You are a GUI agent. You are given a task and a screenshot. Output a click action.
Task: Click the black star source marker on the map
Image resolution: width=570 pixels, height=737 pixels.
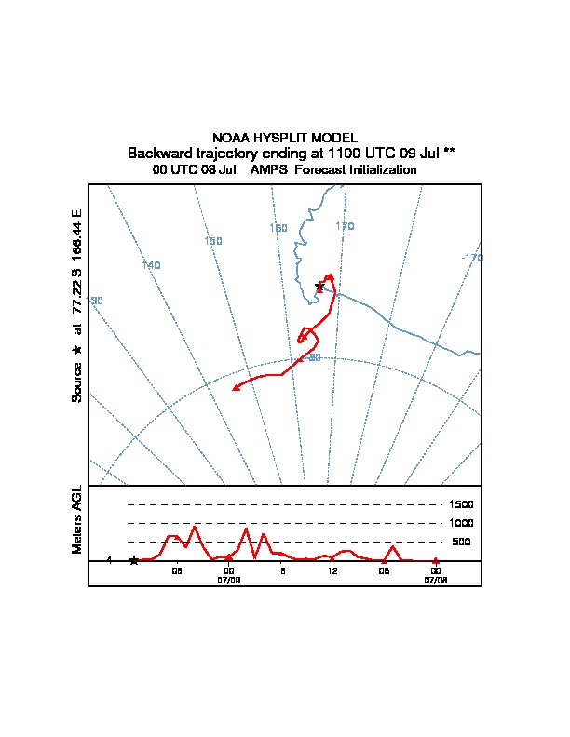tap(319, 287)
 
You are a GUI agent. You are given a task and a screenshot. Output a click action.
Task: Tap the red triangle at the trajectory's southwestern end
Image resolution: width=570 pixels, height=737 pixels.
tap(236, 387)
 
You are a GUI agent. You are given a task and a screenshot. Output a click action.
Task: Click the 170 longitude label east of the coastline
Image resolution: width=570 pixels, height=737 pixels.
tap(346, 226)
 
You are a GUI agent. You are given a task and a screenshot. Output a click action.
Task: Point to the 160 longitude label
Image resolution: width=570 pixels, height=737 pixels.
tap(278, 228)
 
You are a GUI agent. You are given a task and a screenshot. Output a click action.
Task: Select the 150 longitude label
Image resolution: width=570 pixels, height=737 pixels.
tap(213, 242)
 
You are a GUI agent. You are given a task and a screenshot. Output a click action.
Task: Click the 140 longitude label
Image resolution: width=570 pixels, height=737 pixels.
tap(152, 265)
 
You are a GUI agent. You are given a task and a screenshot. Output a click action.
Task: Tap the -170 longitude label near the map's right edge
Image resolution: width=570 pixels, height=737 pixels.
tap(472, 258)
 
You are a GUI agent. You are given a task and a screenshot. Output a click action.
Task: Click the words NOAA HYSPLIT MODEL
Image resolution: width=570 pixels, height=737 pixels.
tap(285, 138)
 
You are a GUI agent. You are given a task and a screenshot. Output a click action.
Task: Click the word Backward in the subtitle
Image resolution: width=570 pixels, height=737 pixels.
tap(159, 153)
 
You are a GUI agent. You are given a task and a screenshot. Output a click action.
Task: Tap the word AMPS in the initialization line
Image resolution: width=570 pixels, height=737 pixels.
tap(270, 170)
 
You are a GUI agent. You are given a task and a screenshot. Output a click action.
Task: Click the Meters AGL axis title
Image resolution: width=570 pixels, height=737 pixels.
tap(77, 519)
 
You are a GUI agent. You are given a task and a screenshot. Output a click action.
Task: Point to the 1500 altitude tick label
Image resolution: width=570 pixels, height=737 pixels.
tap(462, 504)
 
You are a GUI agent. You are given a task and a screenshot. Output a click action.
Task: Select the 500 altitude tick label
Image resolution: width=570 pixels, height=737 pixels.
tap(461, 542)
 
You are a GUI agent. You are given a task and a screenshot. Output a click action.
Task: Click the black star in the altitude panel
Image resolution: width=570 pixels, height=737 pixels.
tap(133, 560)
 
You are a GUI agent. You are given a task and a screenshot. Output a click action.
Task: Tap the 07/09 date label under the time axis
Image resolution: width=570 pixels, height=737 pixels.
tap(229, 579)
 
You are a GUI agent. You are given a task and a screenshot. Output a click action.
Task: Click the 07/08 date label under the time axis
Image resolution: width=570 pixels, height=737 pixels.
tap(436, 579)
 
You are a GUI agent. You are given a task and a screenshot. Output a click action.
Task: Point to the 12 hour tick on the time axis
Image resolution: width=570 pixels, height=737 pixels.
tap(332, 569)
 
